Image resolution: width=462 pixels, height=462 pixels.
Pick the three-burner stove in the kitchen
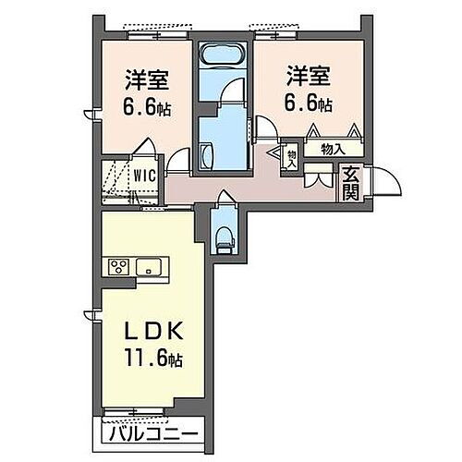click(119, 268)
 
